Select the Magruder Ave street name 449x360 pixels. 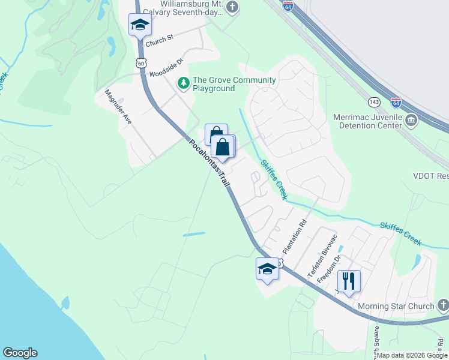point(118,107)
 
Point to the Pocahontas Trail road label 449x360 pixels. point(209,163)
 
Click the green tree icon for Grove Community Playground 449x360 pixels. point(183,82)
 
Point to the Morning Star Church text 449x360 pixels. point(396,307)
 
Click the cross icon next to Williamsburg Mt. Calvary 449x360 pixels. point(233,8)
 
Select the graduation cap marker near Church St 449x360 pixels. point(140,25)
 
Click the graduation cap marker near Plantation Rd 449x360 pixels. point(267,269)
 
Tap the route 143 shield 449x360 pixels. point(374,101)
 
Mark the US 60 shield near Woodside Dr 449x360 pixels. point(140,62)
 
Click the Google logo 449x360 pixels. point(20,353)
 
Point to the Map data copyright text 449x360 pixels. point(412,355)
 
